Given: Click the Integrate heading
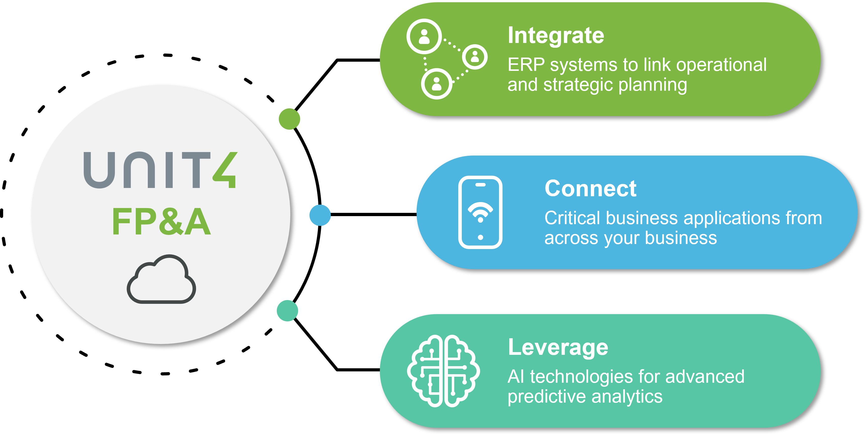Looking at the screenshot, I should point(556,36).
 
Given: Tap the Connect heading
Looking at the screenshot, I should point(590,189).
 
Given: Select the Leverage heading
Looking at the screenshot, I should point(558,347).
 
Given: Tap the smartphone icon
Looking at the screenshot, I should point(480,212).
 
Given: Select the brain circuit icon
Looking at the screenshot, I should point(443,371).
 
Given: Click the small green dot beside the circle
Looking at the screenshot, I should point(289,119).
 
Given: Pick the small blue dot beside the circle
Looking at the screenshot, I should point(320,215).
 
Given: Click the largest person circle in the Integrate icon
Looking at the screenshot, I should point(424,36).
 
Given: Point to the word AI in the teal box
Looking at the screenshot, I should point(516,377).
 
